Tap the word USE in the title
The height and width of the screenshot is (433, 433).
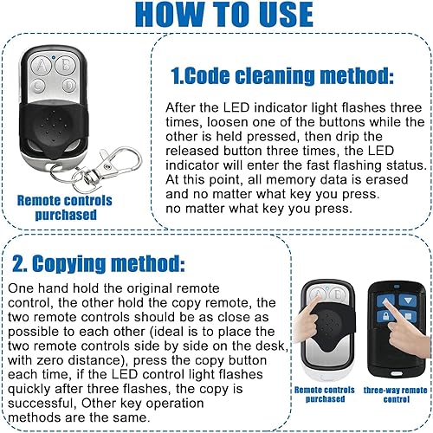coord(286,15)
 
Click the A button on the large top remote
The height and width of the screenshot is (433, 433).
coord(41,66)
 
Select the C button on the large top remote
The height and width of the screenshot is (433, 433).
coord(37,86)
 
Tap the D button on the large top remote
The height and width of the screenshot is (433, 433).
coord(69,86)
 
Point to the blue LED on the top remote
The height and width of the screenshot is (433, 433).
coord(53,57)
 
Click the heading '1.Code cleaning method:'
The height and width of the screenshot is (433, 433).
coord(282,76)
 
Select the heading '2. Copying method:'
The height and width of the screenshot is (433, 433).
coord(98,263)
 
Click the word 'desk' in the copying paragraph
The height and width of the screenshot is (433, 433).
coord(272,346)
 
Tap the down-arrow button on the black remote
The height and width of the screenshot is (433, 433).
coord(408,301)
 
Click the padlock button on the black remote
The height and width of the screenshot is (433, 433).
coord(385,316)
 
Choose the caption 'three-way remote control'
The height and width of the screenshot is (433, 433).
coord(396,395)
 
